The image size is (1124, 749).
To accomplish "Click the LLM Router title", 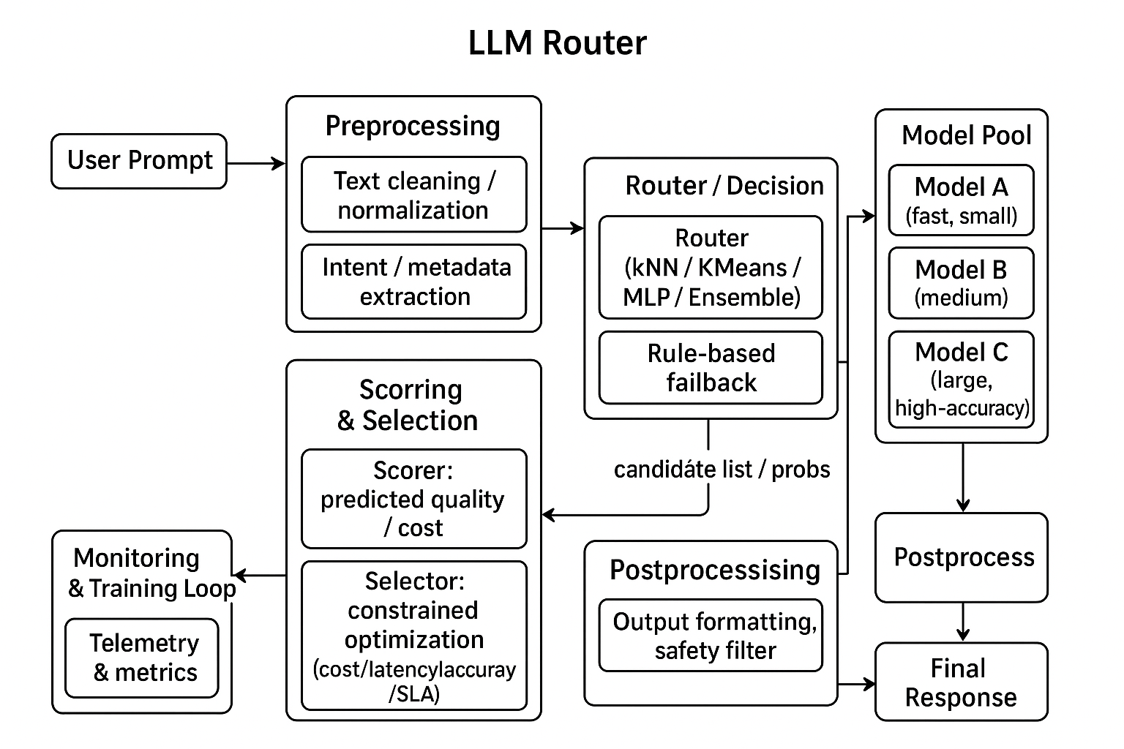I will [x=557, y=43].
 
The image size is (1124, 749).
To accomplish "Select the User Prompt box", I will [x=139, y=161].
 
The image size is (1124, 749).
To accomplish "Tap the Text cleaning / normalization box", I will [x=413, y=195].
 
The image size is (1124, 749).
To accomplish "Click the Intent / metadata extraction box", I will [x=413, y=282].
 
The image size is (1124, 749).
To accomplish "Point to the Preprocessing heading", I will [x=413, y=126].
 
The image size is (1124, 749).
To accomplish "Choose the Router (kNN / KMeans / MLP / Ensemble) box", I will [x=711, y=267].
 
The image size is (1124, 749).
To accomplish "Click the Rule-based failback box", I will [x=711, y=368].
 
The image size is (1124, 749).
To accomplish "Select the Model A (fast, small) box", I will [x=961, y=200].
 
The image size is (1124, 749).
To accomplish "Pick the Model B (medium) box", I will [x=961, y=283].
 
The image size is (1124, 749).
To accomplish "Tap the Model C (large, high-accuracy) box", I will [x=961, y=380].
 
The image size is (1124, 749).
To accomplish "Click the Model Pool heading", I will [x=966, y=135].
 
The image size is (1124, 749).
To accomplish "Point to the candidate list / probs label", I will [x=722, y=470].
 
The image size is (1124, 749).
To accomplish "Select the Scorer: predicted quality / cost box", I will [x=413, y=499].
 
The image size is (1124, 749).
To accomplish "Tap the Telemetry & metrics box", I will [x=142, y=658].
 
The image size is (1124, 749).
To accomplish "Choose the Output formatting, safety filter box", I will [x=711, y=636].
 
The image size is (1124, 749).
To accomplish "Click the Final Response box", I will [x=961, y=682].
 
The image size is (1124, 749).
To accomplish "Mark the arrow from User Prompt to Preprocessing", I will [x=255, y=163].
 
